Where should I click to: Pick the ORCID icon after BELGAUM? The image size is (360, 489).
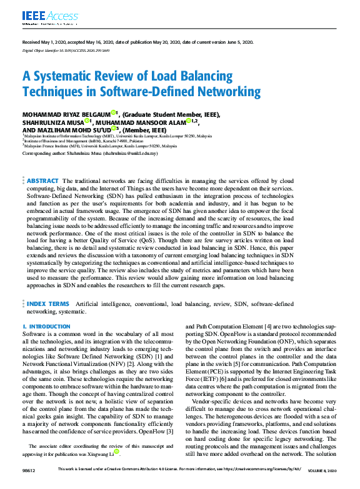114,113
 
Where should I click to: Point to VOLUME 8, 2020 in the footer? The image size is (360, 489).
320,470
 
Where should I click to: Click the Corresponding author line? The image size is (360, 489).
90,152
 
